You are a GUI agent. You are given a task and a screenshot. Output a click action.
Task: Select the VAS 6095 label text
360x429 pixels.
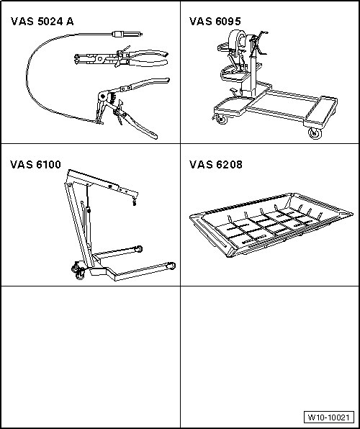coord(216,21)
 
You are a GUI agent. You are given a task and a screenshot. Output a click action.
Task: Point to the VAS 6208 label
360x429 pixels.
coord(216,164)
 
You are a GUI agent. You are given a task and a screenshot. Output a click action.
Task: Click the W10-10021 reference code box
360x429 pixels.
coord(328,417)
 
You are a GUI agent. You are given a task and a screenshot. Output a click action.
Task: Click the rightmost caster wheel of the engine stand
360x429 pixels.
coord(314,133)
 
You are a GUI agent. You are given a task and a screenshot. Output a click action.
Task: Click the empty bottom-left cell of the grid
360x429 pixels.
coord(90,356)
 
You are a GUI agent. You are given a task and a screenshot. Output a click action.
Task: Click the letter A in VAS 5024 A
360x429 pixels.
coord(71,21)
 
